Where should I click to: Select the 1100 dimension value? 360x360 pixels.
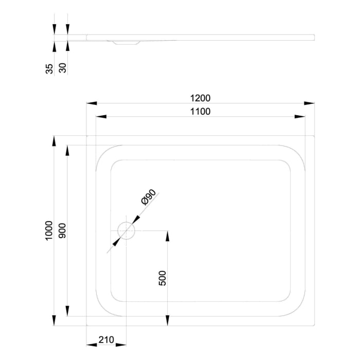tap(201, 112)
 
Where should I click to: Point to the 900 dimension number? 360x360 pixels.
tap(63, 230)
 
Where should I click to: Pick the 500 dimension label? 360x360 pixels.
tap(163, 278)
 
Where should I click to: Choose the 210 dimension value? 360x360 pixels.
tap(106, 339)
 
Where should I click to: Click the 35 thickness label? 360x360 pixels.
tap(49, 69)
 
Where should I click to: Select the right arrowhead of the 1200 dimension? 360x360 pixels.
tap(309, 103)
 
